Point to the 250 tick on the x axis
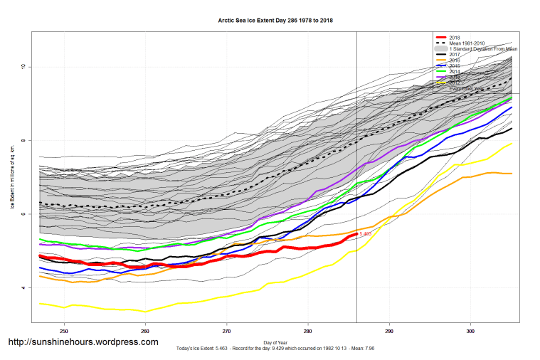pos(64,331)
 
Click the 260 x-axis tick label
pos(145,331)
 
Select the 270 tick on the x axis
pos(226,331)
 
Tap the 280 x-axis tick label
pos(307,331)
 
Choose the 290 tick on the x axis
pos(388,331)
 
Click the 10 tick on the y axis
pos(22,67)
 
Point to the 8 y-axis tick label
pos(22,141)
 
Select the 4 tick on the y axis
pos(22,288)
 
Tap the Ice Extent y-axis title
pos(12,178)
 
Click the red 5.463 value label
pos(366,233)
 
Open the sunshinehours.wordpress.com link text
pos(83,342)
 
